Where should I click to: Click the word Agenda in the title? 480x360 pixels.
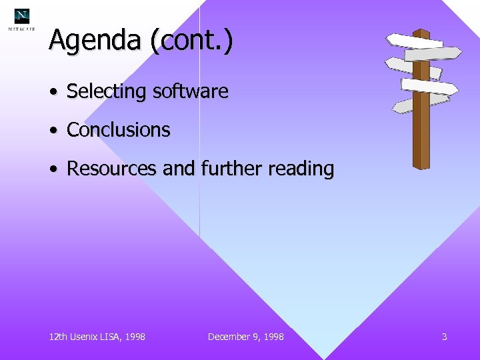[x=94, y=41]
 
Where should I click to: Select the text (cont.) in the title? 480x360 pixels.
[x=191, y=41]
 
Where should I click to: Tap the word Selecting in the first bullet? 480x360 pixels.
[x=107, y=91]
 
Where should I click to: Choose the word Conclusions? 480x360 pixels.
[x=119, y=130]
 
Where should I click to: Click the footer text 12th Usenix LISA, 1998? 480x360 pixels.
[x=97, y=337]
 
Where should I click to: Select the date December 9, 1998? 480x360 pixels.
[x=245, y=337]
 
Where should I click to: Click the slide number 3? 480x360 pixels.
[x=444, y=337]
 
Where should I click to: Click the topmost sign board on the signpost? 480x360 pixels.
[x=413, y=40]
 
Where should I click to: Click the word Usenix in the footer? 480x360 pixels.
[x=86, y=337]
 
